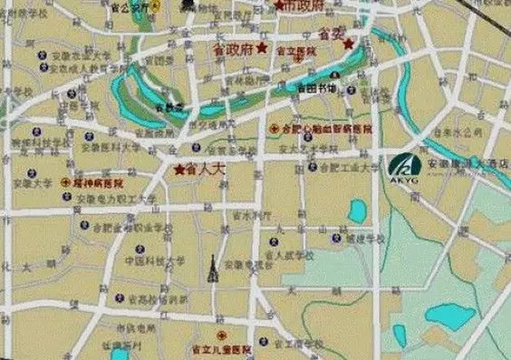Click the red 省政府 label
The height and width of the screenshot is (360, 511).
click(233, 48)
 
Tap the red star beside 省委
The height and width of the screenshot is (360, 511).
click(348, 43)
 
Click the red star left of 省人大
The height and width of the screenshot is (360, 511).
click(179, 169)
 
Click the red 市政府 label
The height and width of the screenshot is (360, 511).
click(303, 5)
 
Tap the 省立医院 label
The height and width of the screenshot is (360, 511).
click(294, 52)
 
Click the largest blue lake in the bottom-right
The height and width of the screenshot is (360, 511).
click(450, 316)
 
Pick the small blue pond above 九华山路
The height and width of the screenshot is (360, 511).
click(357, 210)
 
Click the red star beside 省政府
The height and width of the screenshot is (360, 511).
click(262, 47)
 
